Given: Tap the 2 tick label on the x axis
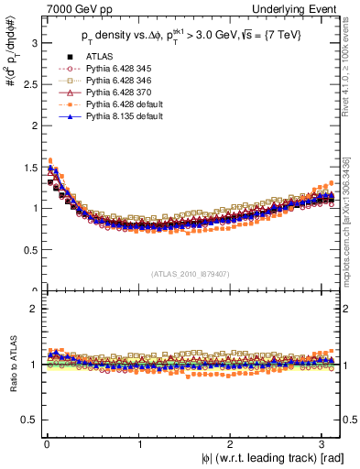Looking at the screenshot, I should (x=233, y=445).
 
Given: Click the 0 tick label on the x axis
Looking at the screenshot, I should (x=47, y=445).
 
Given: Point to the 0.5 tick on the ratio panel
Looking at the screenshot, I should (x=29, y=420).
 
